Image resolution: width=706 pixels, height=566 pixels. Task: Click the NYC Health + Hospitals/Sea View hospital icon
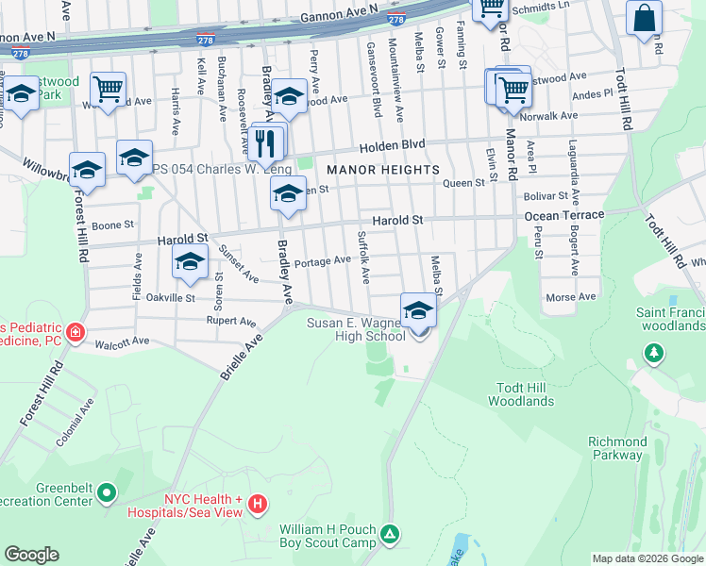(x=258, y=506)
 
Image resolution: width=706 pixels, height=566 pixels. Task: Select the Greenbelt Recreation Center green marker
(x=107, y=492)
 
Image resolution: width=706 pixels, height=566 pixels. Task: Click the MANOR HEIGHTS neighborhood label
(x=383, y=169)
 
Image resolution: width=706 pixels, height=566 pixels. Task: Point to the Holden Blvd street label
(x=391, y=146)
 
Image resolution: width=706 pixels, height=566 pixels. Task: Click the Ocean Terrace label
(x=563, y=216)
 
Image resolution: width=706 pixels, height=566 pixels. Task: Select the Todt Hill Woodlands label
(x=521, y=394)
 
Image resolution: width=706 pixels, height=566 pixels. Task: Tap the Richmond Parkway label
(x=617, y=448)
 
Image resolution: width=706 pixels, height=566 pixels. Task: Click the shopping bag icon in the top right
(x=644, y=19)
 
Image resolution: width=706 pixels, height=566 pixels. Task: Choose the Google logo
(x=31, y=555)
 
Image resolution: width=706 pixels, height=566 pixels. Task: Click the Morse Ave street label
(x=571, y=296)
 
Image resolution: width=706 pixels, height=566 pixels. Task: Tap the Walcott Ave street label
(x=123, y=341)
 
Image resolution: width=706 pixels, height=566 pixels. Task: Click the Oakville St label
(x=170, y=297)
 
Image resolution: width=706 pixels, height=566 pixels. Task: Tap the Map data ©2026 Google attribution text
(x=647, y=558)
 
